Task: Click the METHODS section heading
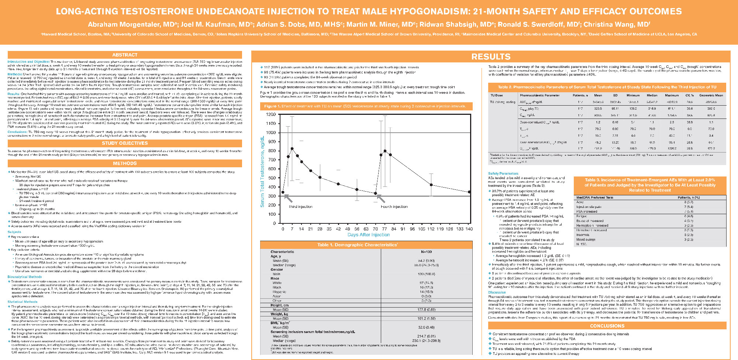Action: click(125, 163)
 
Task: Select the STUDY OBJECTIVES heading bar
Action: click(125, 143)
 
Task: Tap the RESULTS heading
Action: click(491, 56)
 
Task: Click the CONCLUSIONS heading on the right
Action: click(607, 326)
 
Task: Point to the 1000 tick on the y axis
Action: click(271, 133)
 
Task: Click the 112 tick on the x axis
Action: click(431, 229)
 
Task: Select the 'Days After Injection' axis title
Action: click(368, 235)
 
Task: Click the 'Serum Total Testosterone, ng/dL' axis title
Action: click(262, 171)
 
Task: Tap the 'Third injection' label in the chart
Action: click(300, 207)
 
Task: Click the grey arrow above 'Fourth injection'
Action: click(380, 198)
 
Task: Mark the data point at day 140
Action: click(469, 192)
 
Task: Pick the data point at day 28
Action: click(320, 178)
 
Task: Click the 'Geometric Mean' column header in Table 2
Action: click(711, 95)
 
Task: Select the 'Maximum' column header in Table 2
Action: click(672, 95)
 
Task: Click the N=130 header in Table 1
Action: click(426, 252)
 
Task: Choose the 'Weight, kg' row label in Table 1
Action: click(279, 314)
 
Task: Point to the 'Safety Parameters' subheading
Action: click(503, 173)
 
